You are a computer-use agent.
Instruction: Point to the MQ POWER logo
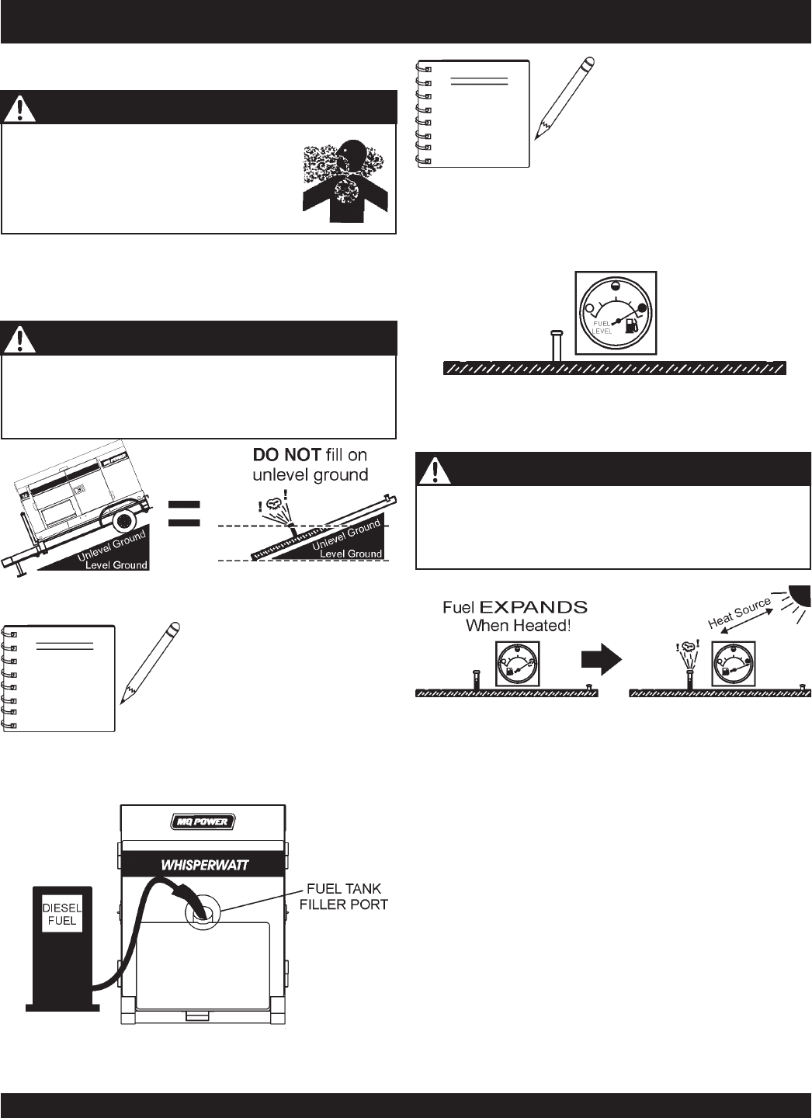click(x=203, y=821)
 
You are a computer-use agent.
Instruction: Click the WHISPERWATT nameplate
click(x=203, y=864)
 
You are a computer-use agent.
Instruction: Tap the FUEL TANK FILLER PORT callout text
click(x=344, y=896)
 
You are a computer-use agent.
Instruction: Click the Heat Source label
click(x=739, y=613)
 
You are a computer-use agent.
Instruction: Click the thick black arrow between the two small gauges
click(x=601, y=661)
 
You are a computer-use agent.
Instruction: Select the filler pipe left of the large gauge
click(x=556, y=345)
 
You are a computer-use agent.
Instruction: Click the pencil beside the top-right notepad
click(x=564, y=99)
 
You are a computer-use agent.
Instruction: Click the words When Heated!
click(x=518, y=625)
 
